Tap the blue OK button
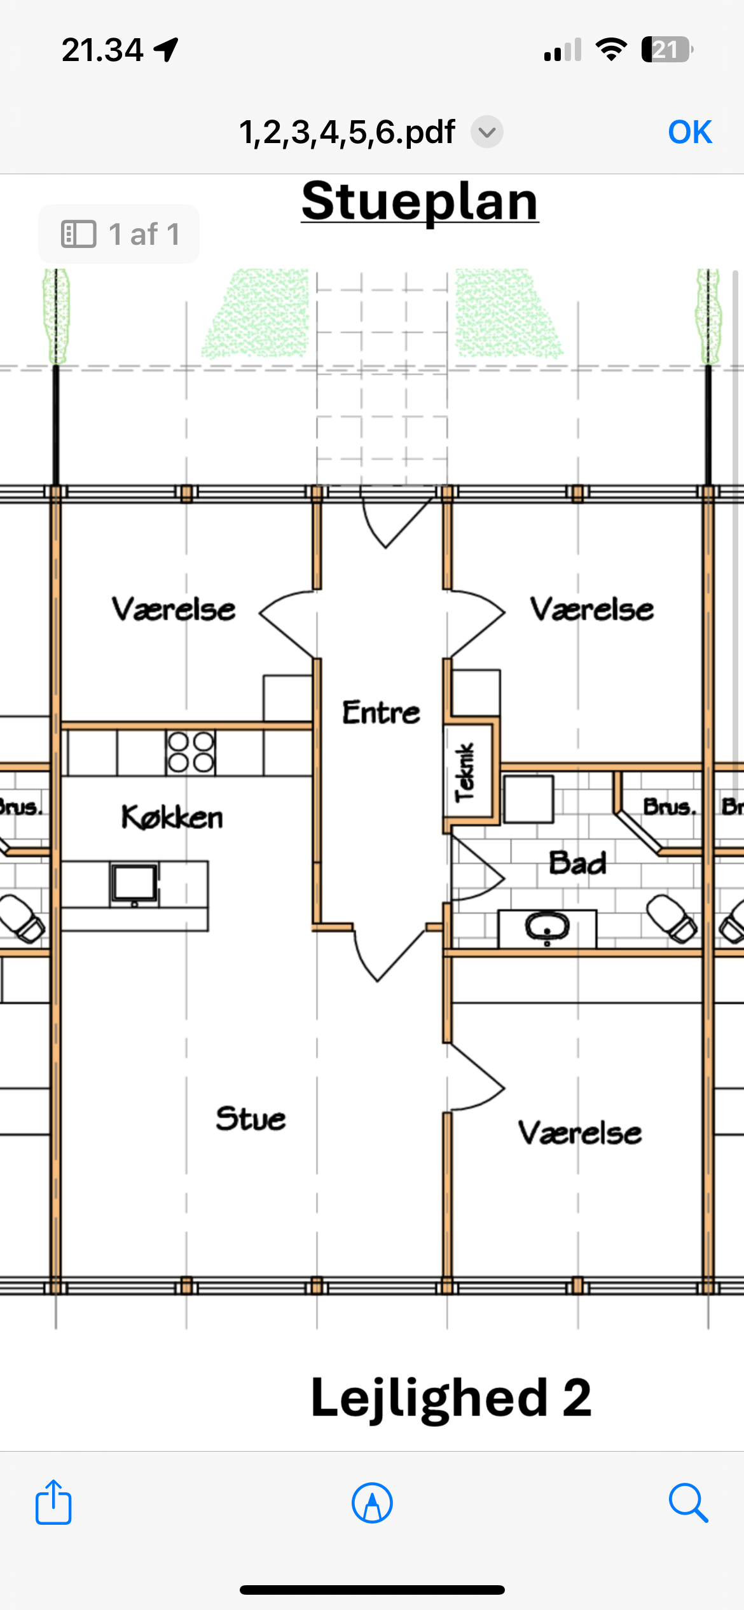[x=690, y=132]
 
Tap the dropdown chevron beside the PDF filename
[x=487, y=132]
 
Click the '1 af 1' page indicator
[x=119, y=234]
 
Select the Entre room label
[x=381, y=712]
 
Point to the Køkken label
[x=172, y=817]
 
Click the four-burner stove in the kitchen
[x=190, y=752]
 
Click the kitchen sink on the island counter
[x=134, y=883]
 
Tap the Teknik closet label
[x=465, y=773]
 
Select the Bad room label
[x=577, y=863]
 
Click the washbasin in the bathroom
[x=548, y=928]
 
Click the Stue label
[x=251, y=1119]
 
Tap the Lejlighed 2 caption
[x=451, y=1398]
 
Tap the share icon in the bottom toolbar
[x=53, y=1502]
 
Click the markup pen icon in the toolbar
[x=372, y=1503]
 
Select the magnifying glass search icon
[x=689, y=1503]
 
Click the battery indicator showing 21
[x=667, y=50]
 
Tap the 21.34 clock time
[x=102, y=50]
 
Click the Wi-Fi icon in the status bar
[x=611, y=50]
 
